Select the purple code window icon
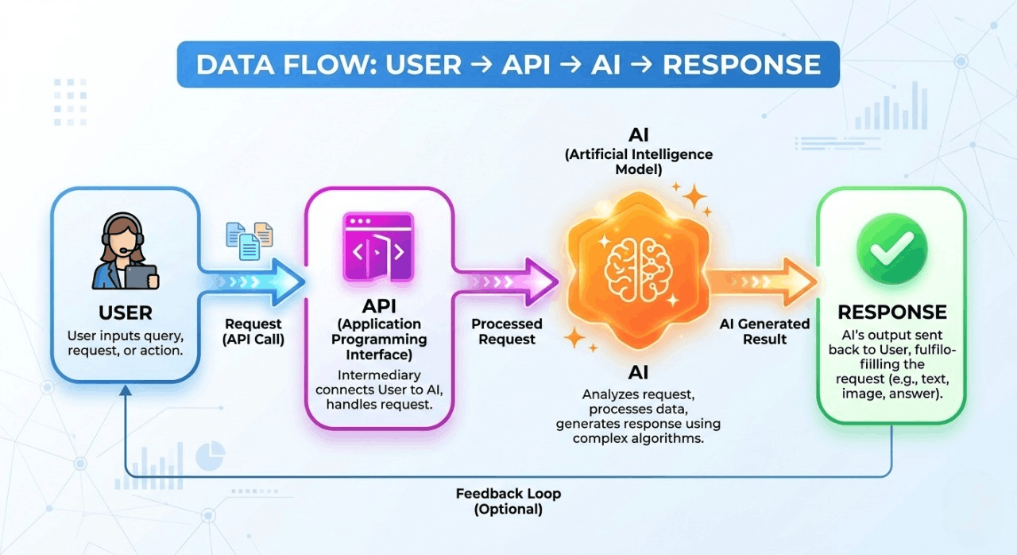pyautogui.click(x=378, y=246)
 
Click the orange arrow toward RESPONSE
pyautogui.click(x=763, y=281)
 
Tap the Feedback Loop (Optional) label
pyautogui.click(x=508, y=501)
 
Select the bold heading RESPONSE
pyautogui.click(x=891, y=312)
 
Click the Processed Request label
pyautogui.click(x=507, y=332)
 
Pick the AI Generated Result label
pyautogui.click(x=764, y=332)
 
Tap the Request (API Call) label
pyautogui.click(x=253, y=332)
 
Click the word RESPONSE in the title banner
pyautogui.click(x=741, y=64)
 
